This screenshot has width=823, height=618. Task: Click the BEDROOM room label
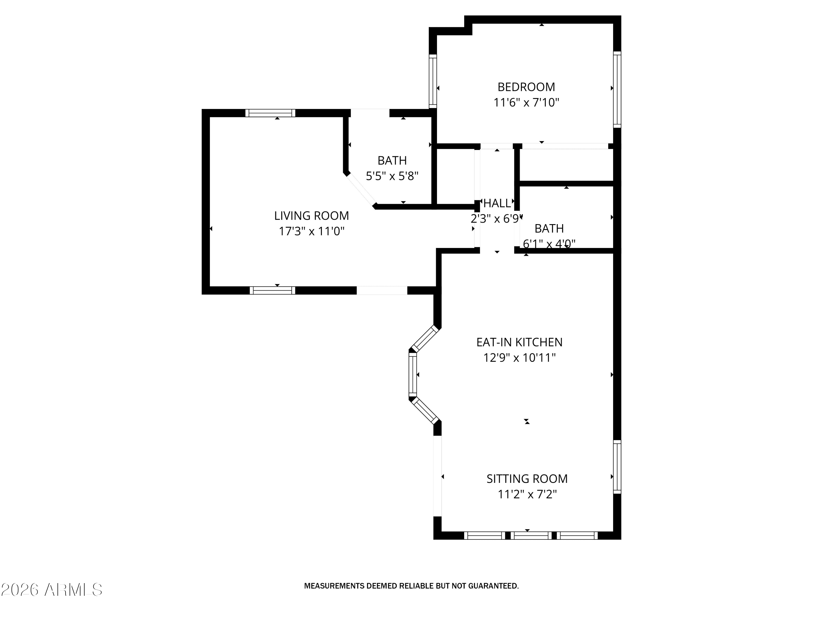click(526, 87)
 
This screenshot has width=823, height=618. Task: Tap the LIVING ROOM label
click(311, 216)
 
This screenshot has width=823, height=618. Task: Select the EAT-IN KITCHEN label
click(519, 342)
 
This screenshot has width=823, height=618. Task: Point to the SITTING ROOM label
click(527, 479)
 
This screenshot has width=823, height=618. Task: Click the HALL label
click(497, 203)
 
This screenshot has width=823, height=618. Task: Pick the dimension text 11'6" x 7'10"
click(526, 102)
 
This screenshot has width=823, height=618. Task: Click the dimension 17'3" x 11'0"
click(311, 231)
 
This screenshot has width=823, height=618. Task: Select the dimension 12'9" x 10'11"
click(519, 358)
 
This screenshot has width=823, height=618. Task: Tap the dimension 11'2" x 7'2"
click(527, 494)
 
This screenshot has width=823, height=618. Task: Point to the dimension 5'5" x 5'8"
click(392, 176)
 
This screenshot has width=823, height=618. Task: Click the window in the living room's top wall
click(270, 113)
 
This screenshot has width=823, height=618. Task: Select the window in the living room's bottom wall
click(272, 290)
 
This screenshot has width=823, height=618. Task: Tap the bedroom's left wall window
click(433, 81)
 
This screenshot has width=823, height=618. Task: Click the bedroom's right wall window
click(617, 89)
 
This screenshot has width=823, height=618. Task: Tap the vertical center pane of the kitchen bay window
click(413, 374)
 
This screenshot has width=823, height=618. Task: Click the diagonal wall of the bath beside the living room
click(360, 190)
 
